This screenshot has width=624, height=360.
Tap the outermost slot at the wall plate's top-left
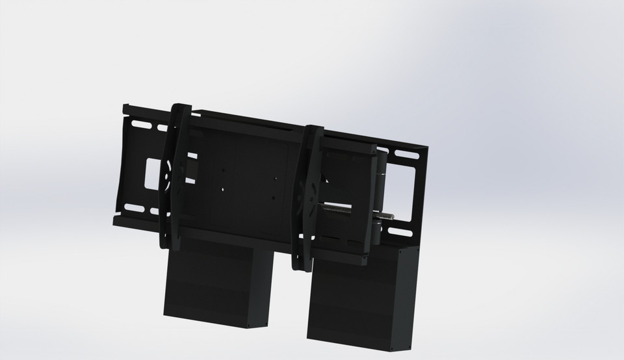(137, 121)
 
